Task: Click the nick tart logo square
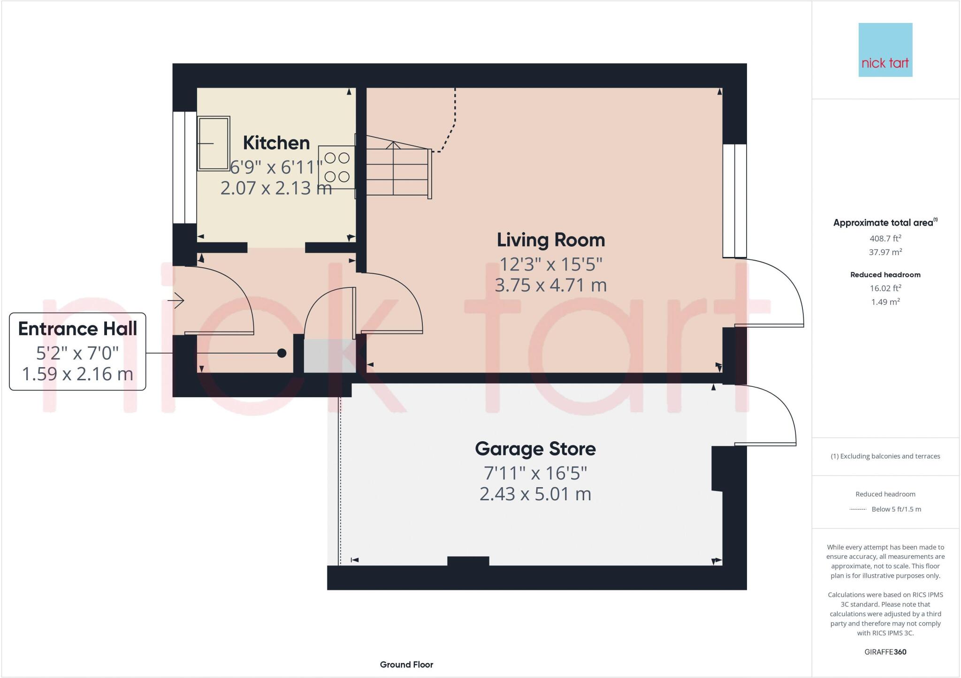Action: (885, 50)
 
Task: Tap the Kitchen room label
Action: (276, 143)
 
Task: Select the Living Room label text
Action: (550, 240)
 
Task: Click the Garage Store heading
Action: (535, 449)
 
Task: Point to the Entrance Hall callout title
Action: (77, 329)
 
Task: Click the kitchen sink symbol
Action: (214, 143)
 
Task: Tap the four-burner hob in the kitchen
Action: (336, 167)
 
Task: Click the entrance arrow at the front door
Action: (179, 300)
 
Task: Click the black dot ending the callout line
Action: (282, 353)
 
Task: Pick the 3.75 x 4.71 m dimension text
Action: (550, 285)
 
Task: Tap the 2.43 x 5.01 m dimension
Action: (535, 494)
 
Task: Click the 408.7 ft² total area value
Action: (885, 238)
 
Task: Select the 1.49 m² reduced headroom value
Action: (885, 302)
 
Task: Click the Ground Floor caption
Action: (406, 664)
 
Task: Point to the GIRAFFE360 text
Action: (885, 652)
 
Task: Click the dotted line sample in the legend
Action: (858, 509)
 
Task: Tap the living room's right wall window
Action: (734, 201)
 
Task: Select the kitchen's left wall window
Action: (184, 167)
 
